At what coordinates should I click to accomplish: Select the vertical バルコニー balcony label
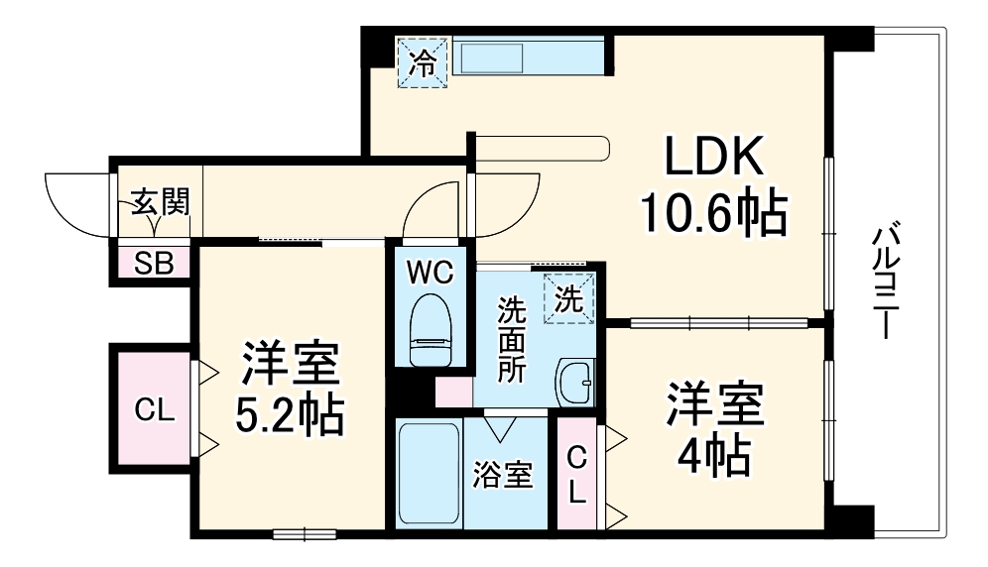point(884,283)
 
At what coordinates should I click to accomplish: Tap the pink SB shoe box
point(153,264)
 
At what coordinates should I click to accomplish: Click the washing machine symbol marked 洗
point(569,298)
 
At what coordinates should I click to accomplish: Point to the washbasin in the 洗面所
point(574,379)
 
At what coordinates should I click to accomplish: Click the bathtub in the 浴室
point(429,474)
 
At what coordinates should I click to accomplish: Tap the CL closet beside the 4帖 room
point(576,473)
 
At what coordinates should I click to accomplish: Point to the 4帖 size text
point(712,455)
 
